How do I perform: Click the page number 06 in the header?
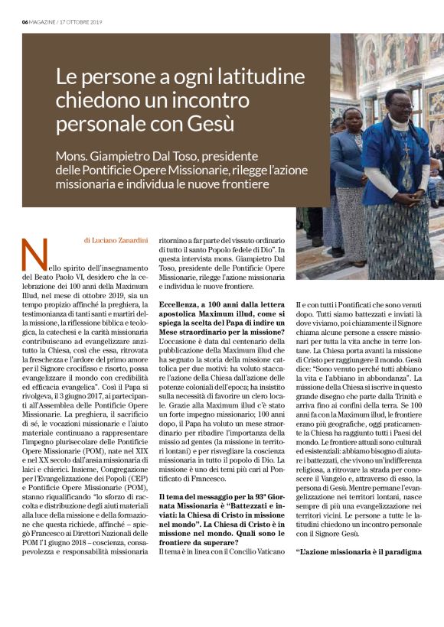point(24,21)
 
